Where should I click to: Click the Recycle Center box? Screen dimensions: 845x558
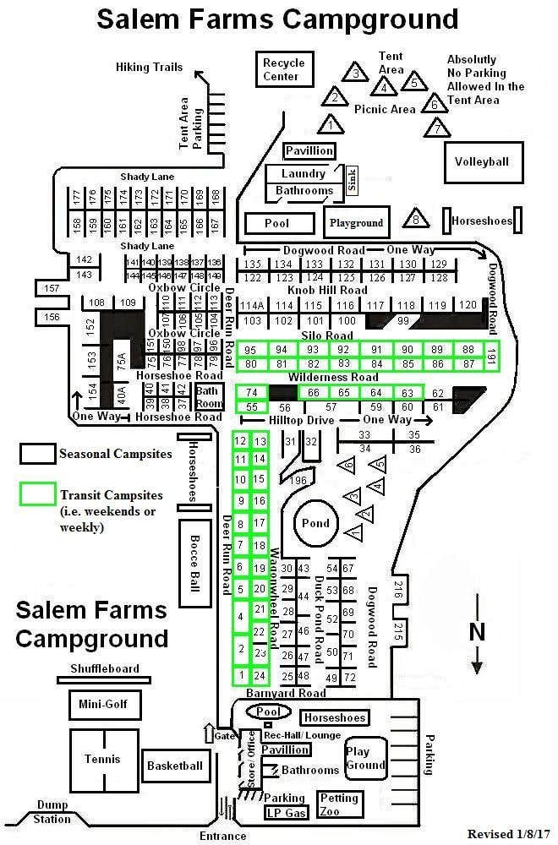(282, 69)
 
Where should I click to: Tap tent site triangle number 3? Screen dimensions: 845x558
(357, 74)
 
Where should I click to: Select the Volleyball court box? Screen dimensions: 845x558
(482, 162)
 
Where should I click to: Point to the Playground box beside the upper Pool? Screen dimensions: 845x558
(356, 223)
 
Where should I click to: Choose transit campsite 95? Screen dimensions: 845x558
(249, 350)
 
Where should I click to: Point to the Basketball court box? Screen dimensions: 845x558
(175, 766)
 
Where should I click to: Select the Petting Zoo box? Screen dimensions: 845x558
(339, 804)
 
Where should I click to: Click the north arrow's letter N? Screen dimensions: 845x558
(477, 631)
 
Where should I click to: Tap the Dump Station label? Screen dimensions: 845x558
(52, 813)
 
